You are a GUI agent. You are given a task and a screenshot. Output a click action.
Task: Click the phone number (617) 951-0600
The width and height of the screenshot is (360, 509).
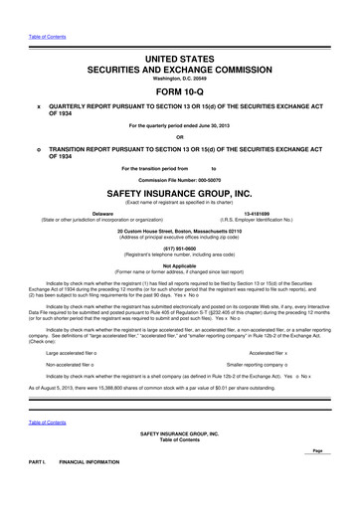pos(180,251)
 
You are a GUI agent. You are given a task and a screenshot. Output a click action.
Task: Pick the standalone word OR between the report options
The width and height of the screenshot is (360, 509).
pos(180,137)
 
